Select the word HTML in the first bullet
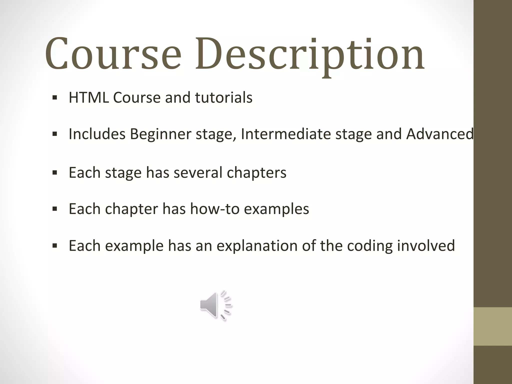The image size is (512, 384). click(89, 97)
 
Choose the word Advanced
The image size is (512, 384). click(440, 134)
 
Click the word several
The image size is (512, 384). click(198, 172)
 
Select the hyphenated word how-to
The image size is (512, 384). click(215, 209)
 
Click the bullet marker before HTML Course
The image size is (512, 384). click(55, 97)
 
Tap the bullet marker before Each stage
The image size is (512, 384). click(55, 172)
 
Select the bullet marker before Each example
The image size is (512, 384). click(55, 245)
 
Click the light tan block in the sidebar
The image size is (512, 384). click(493, 326)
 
